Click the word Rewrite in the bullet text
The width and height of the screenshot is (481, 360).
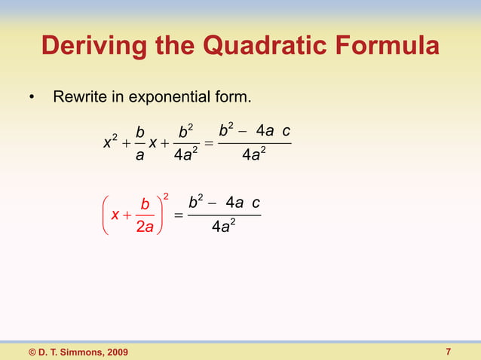(x=78, y=98)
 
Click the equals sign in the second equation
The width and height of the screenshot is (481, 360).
(x=179, y=216)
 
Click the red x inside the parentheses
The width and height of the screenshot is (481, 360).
(x=115, y=215)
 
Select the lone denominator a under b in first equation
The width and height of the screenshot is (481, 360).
(x=139, y=157)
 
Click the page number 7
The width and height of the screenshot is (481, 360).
(x=449, y=352)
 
